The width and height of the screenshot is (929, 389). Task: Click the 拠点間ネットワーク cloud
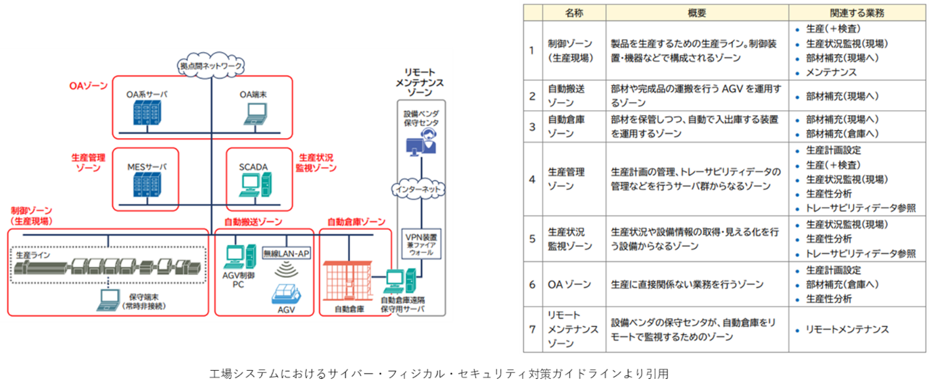click(x=211, y=66)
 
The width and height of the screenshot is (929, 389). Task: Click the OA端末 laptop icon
click(x=255, y=115)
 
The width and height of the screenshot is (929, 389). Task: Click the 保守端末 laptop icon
click(x=108, y=298)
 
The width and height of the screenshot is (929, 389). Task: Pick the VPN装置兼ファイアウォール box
click(x=420, y=244)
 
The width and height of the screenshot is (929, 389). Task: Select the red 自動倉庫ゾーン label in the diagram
click(x=356, y=222)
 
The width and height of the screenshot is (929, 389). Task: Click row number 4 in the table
click(x=531, y=180)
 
